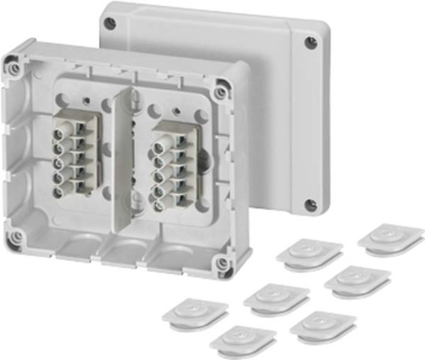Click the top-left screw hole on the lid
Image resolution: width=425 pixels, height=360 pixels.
tap(110, 23)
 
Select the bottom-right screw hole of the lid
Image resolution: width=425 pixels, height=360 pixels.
tap(310, 205)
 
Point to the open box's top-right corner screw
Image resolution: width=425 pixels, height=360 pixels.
tap(220, 93)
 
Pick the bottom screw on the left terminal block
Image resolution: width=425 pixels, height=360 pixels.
tap(58, 192)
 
